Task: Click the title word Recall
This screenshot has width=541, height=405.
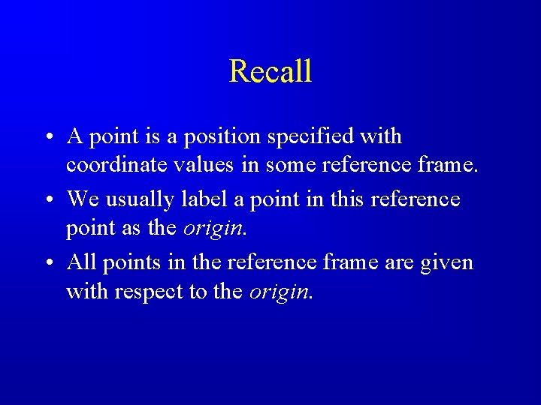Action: [x=270, y=71]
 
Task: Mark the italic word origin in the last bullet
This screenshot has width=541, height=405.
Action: [x=278, y=290]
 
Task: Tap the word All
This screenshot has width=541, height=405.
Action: [x=81, y=262]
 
